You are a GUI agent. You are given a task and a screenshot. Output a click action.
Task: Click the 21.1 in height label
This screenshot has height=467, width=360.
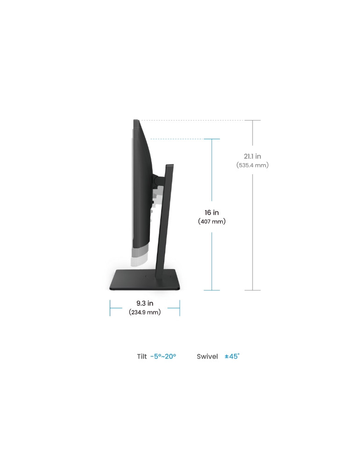[252, 156]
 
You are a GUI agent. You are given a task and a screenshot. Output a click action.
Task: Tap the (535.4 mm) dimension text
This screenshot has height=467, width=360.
[253, 165]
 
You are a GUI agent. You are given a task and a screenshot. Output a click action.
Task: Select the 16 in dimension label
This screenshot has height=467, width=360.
[212, 212]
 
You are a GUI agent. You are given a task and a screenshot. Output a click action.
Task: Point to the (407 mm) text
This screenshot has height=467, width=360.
[212, 221]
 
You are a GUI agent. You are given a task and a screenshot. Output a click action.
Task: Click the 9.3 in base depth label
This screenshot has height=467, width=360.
[145, 303]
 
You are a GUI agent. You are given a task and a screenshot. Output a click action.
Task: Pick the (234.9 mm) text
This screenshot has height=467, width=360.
[145, 312]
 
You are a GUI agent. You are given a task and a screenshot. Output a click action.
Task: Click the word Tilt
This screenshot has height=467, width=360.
[142, 356]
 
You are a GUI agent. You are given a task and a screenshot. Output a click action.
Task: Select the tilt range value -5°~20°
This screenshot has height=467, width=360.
[163, 356]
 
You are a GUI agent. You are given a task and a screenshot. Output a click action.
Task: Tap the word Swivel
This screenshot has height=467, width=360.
[207, 356]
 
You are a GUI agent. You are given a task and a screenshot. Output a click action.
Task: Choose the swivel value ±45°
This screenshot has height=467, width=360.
[232, 356]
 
